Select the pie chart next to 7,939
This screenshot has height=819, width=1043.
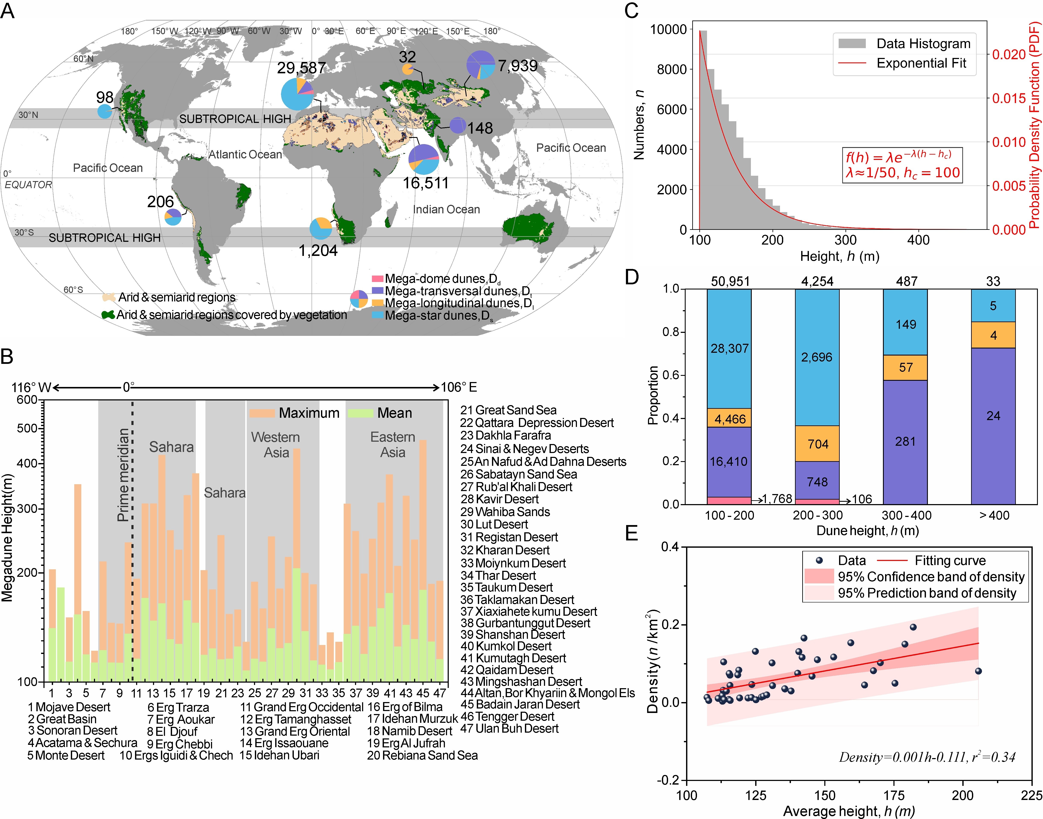click(480, 64)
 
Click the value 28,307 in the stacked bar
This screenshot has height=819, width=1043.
click(729, 349)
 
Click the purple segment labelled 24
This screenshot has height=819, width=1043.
click(992, 416)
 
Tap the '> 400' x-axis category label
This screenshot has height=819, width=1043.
click(993, 515)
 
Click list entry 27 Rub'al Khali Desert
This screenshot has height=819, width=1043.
click(516, 487)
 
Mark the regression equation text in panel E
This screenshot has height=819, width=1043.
click(927, 757)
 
